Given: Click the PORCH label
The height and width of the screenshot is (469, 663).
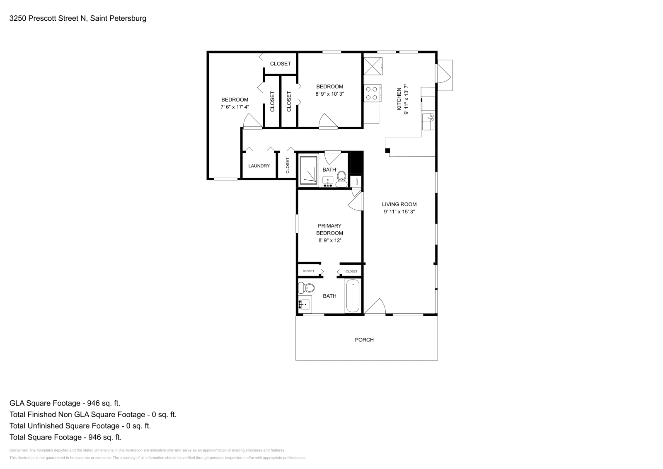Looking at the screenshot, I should [x=364, y=340].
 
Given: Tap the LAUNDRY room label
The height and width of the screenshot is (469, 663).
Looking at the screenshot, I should [x=259, y=166].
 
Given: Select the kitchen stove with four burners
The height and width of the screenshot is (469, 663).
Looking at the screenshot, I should [x=372, y=93].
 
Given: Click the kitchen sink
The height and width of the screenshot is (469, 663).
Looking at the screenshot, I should [x=428, y=122].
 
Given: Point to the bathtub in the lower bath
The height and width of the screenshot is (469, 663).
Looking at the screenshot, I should [x=353, y=295].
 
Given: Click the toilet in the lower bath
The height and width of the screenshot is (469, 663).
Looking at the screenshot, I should [x=306, y=287].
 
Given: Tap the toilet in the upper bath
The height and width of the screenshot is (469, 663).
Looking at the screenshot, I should [x=342, y=176].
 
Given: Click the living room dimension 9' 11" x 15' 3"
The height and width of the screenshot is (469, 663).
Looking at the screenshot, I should [x=399, y=212].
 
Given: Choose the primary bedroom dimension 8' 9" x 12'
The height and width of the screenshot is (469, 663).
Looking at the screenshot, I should [x=329, y=240].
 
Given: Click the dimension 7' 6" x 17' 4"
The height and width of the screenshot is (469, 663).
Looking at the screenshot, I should [x=235, y=107].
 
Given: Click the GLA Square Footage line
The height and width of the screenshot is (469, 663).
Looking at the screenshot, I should [x=65, y=403].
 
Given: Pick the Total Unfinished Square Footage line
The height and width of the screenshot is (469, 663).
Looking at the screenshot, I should [x=80, y=426].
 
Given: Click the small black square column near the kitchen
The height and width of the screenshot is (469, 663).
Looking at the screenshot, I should [x=387, y=151].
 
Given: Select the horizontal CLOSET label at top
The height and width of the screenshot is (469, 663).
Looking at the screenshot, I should [x=281, y=64].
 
